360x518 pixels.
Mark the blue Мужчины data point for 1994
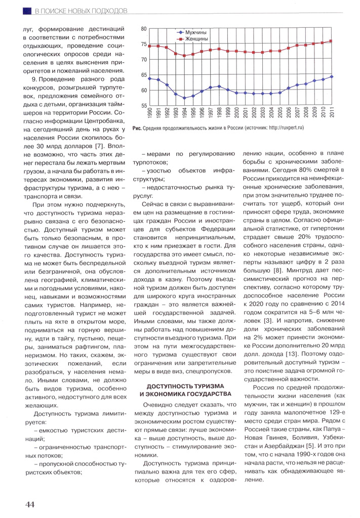coord(185,98)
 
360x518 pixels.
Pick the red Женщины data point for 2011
coord(331,41)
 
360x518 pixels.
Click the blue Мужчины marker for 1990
coord(150,78)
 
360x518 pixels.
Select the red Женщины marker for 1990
coord(150,46)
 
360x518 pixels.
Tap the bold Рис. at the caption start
coord(136,128)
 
